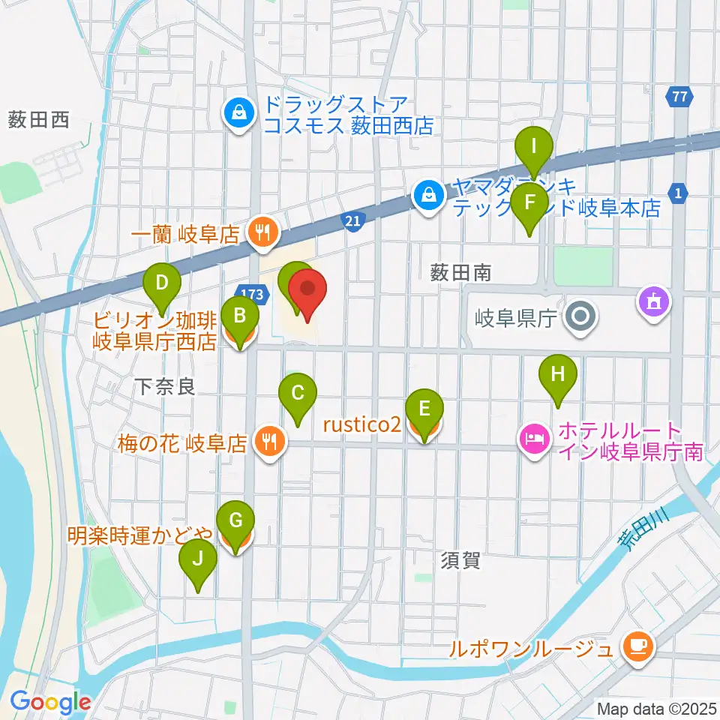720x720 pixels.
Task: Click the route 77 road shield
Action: (x=679, y=97)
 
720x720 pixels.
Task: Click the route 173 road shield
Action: (x=252, y=290)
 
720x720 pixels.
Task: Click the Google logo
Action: (x=50, y=703)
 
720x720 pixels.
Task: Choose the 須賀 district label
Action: (x=460, y=560)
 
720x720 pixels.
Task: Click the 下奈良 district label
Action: (x=164, y=386)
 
